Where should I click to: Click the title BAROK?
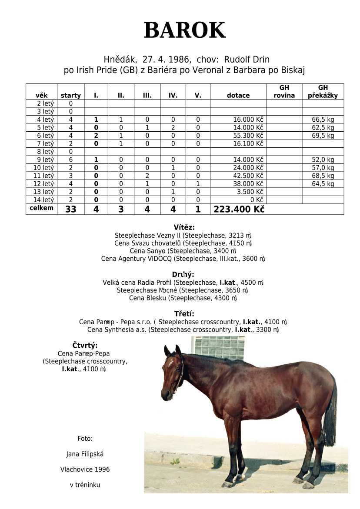(x=184, y=30)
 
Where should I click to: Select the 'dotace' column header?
(x=238, y=96)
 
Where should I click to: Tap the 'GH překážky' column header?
(x=323, y=92)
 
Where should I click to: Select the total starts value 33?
(x=70, y=210)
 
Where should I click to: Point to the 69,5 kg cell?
(x=323, y=136)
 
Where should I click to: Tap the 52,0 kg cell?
(x=323, y=160)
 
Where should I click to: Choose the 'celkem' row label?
(x=42, y=208)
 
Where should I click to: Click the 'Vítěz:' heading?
(x=184, y=227)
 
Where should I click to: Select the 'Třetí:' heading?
(x=184, y=313)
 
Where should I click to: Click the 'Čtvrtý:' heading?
(x=85, y=346)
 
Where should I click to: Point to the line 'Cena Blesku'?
(x=183, y=298)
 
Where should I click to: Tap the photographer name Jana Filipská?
(x=85, y=454)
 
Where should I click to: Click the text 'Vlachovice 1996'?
(x=85, y=469)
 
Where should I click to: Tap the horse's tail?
(x=330, y=417)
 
